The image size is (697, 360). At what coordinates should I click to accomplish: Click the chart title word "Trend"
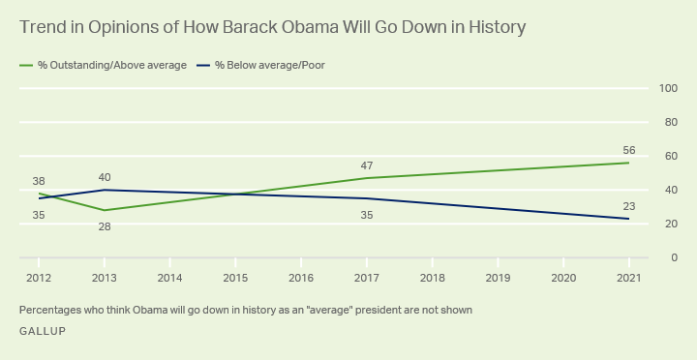tap(44, 27)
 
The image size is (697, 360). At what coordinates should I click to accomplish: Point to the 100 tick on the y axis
tap(668, 88)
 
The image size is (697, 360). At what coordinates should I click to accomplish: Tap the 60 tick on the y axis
tap(668, 156)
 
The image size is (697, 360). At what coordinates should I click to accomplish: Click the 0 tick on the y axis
tap(672, 257)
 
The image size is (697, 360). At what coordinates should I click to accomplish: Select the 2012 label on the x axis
tap(39, 277)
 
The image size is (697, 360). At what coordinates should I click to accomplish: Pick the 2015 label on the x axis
tap(235, 277)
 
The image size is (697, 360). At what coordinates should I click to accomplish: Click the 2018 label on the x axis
tap(433, 277)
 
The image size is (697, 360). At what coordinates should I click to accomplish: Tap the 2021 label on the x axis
tap(629, 277)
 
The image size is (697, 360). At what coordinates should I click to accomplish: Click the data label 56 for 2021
tap(629, 150)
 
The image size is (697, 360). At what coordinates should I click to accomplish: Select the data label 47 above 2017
tap(367, 165)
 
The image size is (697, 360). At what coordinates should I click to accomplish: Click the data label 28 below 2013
tap(105, 225)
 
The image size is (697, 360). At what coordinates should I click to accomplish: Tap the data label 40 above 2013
tap(105, 177)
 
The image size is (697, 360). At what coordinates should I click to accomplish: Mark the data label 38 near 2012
tap(39, 181)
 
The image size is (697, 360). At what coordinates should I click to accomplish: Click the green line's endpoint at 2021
tap(629, 163)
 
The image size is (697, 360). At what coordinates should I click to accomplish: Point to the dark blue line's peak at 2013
tap(105, 190)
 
